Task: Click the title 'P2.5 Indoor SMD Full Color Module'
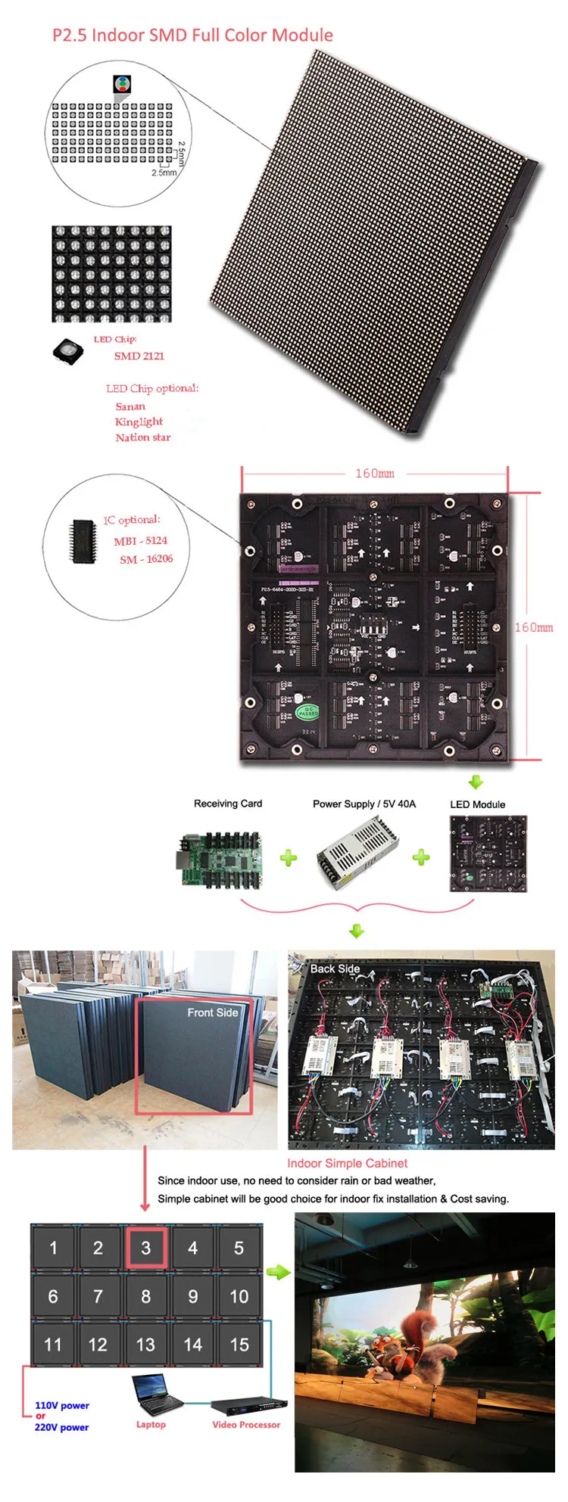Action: (192, 35)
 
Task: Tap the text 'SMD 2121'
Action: (139, 356)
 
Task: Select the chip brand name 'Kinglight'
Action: (139, 421)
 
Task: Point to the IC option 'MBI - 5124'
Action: (140, 540)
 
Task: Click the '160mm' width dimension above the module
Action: (375, 473)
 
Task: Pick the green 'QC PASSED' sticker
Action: (307, 711)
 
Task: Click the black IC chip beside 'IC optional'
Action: (83, 541)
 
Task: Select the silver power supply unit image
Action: (357, 853)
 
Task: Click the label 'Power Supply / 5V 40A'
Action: (364, 804)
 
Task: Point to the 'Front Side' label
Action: (212, 1012)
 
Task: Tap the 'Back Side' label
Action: (335, 969)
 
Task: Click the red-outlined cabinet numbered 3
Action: (145, 1248)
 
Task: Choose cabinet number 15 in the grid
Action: (239, 1345)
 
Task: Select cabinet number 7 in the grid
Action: (98, 1296)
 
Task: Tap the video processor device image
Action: (247, 1405)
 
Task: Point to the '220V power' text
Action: (61, 1427)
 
